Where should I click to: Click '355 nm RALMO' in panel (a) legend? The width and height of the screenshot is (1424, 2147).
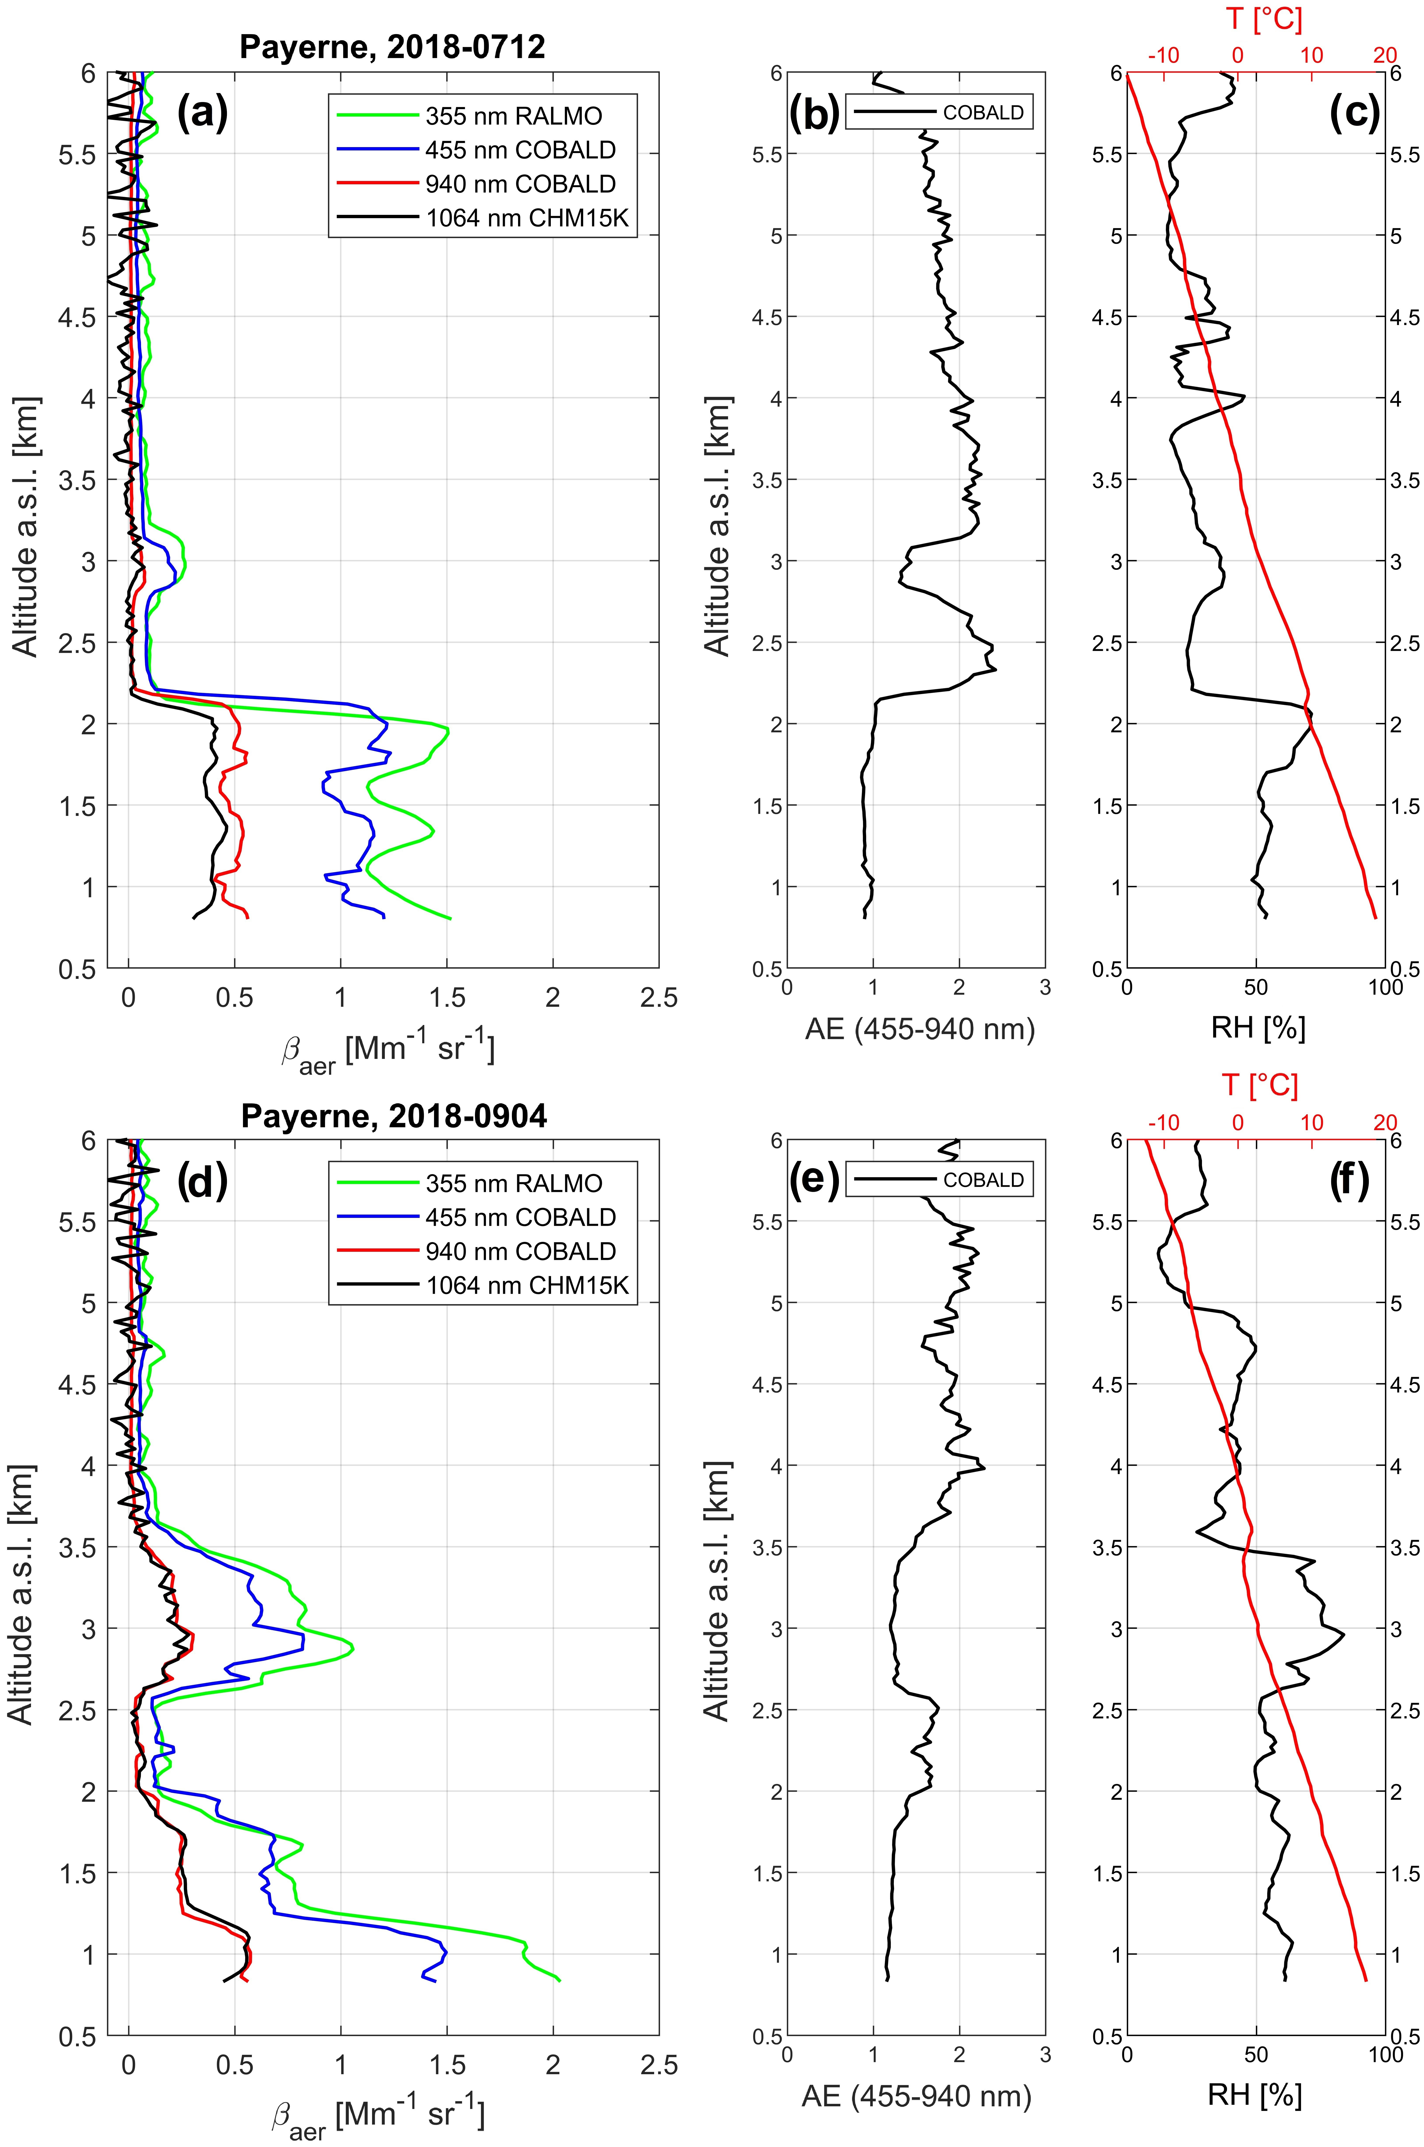tap(513, 116)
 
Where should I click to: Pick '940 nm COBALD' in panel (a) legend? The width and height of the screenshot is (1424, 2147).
tap(520, 184)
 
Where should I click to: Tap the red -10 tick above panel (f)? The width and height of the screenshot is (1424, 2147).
tap(1163, 1123)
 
